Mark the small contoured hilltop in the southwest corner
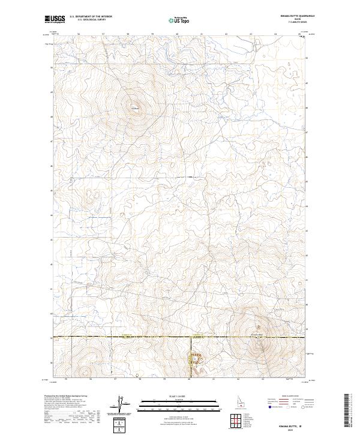point(93,360)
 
